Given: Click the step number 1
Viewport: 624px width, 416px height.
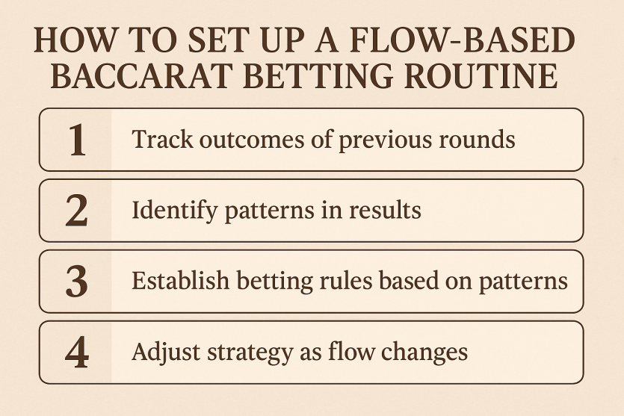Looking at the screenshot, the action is (77, 140).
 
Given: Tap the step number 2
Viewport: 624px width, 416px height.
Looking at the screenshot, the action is (76, 211).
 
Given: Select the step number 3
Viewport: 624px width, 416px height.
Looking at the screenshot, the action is (76, 282).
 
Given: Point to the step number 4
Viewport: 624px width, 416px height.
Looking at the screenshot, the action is (77, 353).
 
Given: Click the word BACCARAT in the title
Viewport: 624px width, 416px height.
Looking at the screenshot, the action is (142, 75).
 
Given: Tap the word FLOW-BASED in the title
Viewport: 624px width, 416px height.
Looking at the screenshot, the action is (463, 40).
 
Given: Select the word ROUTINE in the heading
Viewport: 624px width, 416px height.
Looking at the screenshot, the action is (481, 75).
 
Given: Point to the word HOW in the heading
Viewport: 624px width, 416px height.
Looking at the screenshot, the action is (75, 40).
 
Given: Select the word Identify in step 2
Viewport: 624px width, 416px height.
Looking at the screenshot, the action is (175, 211).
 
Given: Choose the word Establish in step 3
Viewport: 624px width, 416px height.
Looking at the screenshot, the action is (181, 281).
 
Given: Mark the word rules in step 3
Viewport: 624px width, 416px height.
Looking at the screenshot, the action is (346, 281).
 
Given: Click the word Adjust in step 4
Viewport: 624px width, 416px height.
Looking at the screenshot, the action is (166, 353).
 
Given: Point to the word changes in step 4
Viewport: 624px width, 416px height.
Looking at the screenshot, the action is (424, 353).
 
